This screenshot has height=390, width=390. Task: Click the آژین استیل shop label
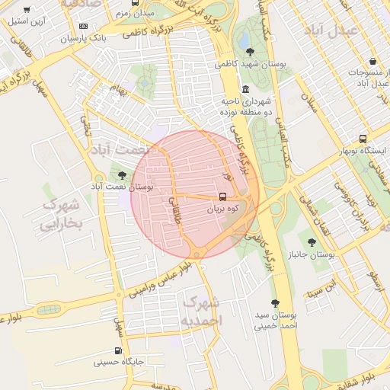pos(27,21)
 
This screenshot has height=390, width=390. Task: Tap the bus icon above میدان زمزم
pos(135,3)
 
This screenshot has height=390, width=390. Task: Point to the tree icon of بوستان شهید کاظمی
pos(251,52)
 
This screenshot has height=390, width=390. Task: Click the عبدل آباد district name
pos(329,30)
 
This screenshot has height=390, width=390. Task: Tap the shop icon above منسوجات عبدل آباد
pos(372,61)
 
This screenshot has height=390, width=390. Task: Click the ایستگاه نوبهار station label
pos(363,152)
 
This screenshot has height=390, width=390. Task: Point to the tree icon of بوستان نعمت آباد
pos(122,175)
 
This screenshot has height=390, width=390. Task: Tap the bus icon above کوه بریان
pos(222,196)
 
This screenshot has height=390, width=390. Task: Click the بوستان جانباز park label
pos(308,255)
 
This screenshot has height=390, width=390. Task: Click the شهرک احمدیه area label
pos(200,312)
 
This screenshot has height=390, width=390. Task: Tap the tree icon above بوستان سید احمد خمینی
pos(275,302)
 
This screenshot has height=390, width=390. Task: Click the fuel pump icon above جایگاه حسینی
pos(118,350)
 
